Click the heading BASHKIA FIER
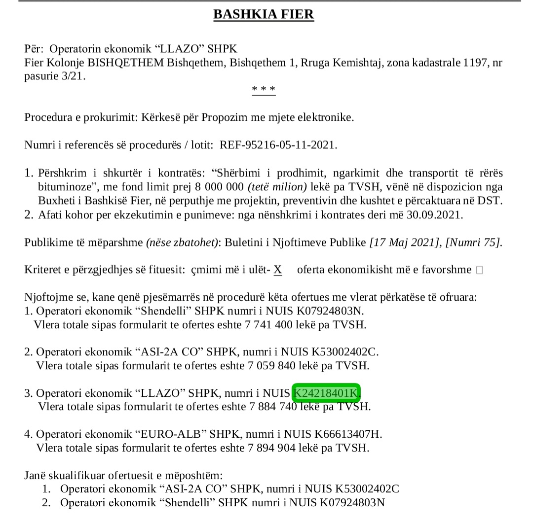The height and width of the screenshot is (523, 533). tap(264, 14)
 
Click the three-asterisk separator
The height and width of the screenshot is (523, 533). tap(264, 89)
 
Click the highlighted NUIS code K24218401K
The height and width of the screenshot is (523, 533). tap(326, 393)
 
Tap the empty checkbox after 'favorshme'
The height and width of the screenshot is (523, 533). tap(479, 270)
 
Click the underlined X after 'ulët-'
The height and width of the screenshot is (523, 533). tap(278, 270)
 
